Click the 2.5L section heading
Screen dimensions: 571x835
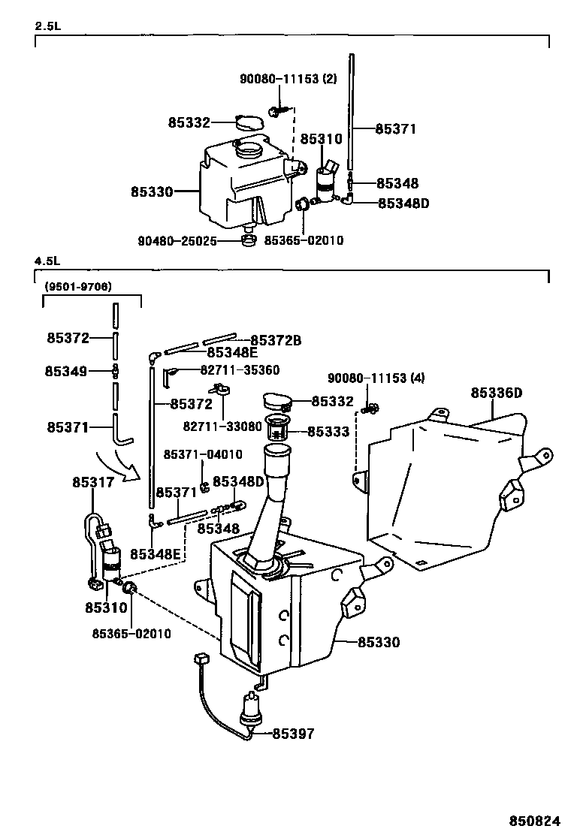47,26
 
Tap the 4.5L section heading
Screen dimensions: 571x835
47,261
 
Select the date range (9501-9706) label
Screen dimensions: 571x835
78,287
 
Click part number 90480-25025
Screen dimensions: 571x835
177,241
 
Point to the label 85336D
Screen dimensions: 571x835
497,393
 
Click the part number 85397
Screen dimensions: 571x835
294,734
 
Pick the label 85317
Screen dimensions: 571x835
93,483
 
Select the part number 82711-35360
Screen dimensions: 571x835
240,369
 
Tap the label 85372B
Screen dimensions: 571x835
276,340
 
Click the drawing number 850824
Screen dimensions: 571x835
535,821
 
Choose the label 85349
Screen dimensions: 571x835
66,371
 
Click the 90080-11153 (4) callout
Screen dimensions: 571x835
376,378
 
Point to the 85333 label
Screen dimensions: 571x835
328,431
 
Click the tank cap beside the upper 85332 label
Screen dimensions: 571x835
249,123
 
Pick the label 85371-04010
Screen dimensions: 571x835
203,454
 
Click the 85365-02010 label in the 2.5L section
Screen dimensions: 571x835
304,241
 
